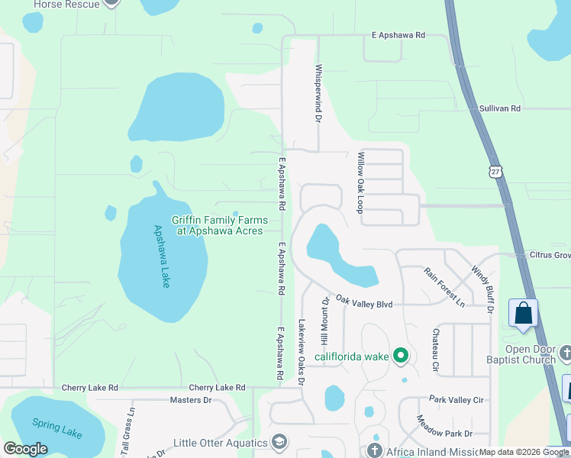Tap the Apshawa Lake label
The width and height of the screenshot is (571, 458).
pos(163,256)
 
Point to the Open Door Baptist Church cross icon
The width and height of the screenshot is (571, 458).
pos(565,353)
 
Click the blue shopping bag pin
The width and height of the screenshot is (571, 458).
pos(523,313)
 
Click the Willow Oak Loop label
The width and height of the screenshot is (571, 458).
pos(360,182)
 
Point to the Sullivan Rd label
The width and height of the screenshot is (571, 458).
pos(500,109)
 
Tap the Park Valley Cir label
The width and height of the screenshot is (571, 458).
pos(456,399)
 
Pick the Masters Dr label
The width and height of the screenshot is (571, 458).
pos(190,400)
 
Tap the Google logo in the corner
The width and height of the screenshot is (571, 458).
pos(26,449)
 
